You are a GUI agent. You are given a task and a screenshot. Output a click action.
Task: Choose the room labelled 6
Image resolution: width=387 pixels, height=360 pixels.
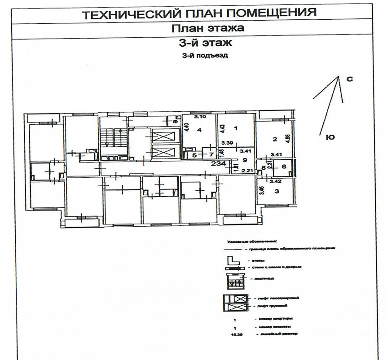click(x=283, y=166)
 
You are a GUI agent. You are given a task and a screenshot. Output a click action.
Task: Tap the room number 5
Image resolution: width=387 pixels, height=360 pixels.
click(x=194, y=155)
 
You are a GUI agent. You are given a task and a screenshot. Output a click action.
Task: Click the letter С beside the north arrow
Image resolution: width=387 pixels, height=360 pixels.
click(x=350, y=79)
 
